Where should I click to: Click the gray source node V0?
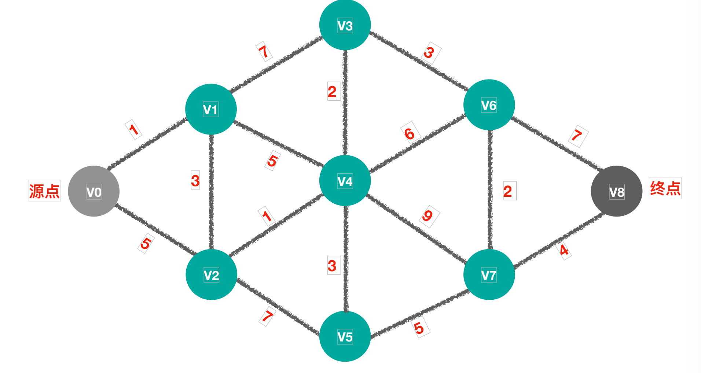pos(94,191)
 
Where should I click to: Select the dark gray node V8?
pos(616,191)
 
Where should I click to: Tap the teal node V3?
pos(345,25)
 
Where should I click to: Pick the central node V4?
pos(345,181)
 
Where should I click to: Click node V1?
pos(211,109)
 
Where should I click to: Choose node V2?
pos(211,275)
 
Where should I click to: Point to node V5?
pos(345,336)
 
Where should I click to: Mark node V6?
pos(489,105)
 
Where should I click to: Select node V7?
pos(489,275)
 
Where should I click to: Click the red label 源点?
pos(44,191)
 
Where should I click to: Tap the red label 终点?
pos(665,188)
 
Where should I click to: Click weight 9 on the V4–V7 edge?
pos(427,216)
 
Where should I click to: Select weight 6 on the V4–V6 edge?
pos(410,133)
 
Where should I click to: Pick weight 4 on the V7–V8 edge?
pos(564,250)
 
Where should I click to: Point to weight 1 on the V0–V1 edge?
pos(133,129)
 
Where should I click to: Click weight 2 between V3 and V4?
pos(332,91)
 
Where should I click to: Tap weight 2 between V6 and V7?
pos(508,191)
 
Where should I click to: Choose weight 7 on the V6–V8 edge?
pos(577,135)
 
